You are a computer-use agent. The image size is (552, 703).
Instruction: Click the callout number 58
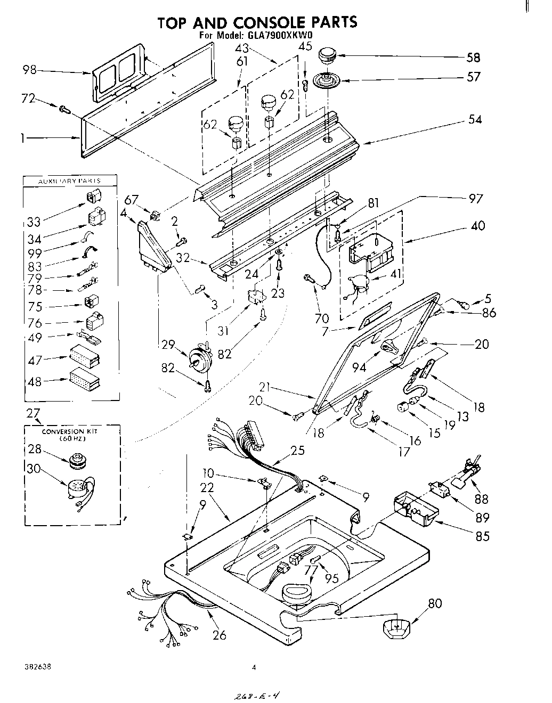coord(473,58)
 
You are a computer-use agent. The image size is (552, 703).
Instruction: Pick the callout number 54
coord(474,120)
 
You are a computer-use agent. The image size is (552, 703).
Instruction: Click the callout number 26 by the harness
coord(219,634)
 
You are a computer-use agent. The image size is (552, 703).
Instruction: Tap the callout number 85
coord(482,536)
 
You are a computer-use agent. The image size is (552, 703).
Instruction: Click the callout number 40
coord(478,226)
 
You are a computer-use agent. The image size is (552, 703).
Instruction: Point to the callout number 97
coord(475,198)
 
